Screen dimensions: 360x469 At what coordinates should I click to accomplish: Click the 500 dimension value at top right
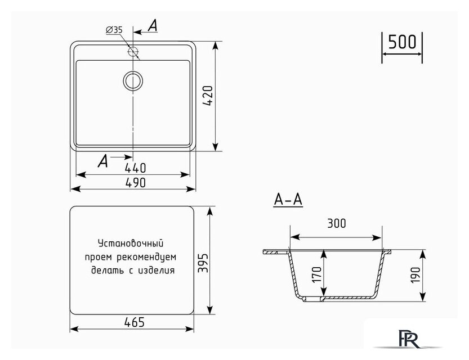pyautogui.click(x=402, y=43)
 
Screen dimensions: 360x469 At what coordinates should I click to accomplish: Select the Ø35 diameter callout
pyautogui.click(x=114, y=30)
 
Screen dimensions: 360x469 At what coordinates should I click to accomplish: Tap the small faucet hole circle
pyautogui.click(x=133, y=52)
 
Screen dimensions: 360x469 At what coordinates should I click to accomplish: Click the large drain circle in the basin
pyautogui.click(x=133, y=80)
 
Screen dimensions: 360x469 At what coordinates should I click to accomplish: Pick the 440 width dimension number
pyautogui.click(x=135, y=167)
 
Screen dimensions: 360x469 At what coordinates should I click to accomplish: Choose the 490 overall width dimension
pyautogui.click(x=135, y=182)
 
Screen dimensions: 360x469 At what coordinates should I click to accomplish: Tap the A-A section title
pyautogui.click(x=288, y=200)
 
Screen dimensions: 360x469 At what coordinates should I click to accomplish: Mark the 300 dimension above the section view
pyautogui.click(x=336, y=223)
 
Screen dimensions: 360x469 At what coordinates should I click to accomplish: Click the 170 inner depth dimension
pyautogui.click(x=316, y=274)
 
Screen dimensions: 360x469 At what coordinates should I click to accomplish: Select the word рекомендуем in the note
pyautogui.click(x=149, y=257)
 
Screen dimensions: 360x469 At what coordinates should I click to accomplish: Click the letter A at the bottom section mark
pyautogui.click(x=102, y=161)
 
